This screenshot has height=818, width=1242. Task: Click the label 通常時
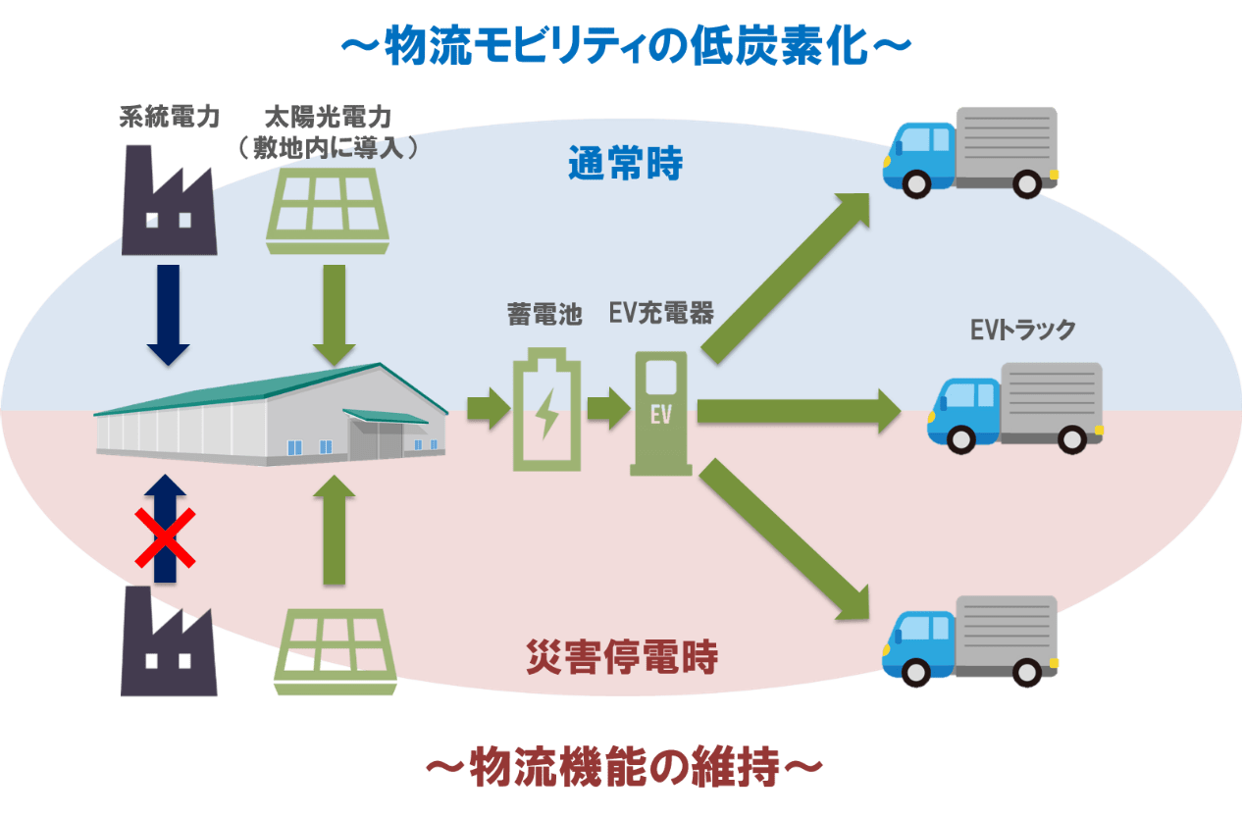pyautogui.click(x=625, y=164)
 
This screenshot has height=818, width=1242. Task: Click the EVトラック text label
pyautogui.click(x=1022, y=331)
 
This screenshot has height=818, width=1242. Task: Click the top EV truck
pyautogui.click(x=969, y=152)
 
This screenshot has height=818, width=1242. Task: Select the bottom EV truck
pyautogui.click(x=969, y=640)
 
